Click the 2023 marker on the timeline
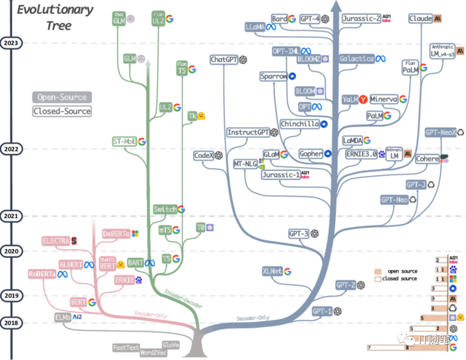click(11, 43)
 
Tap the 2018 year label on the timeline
click(11, 322)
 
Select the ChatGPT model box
click(224, 60)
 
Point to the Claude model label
click(421, 19)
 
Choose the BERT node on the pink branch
click(79, 302)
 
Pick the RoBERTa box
click(42, 274)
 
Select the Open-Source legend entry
click(62, 98)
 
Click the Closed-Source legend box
click(62, 111)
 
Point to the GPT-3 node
click(299, 234)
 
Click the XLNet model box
click(272, 271)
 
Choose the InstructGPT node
click(248, 133)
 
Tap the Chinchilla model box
click(299, 124)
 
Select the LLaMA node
click(255, 27)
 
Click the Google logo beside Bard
click(292, 19)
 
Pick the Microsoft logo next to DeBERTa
click(135, 234)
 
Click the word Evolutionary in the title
click(55, 10)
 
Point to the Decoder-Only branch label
click(253, 318)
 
